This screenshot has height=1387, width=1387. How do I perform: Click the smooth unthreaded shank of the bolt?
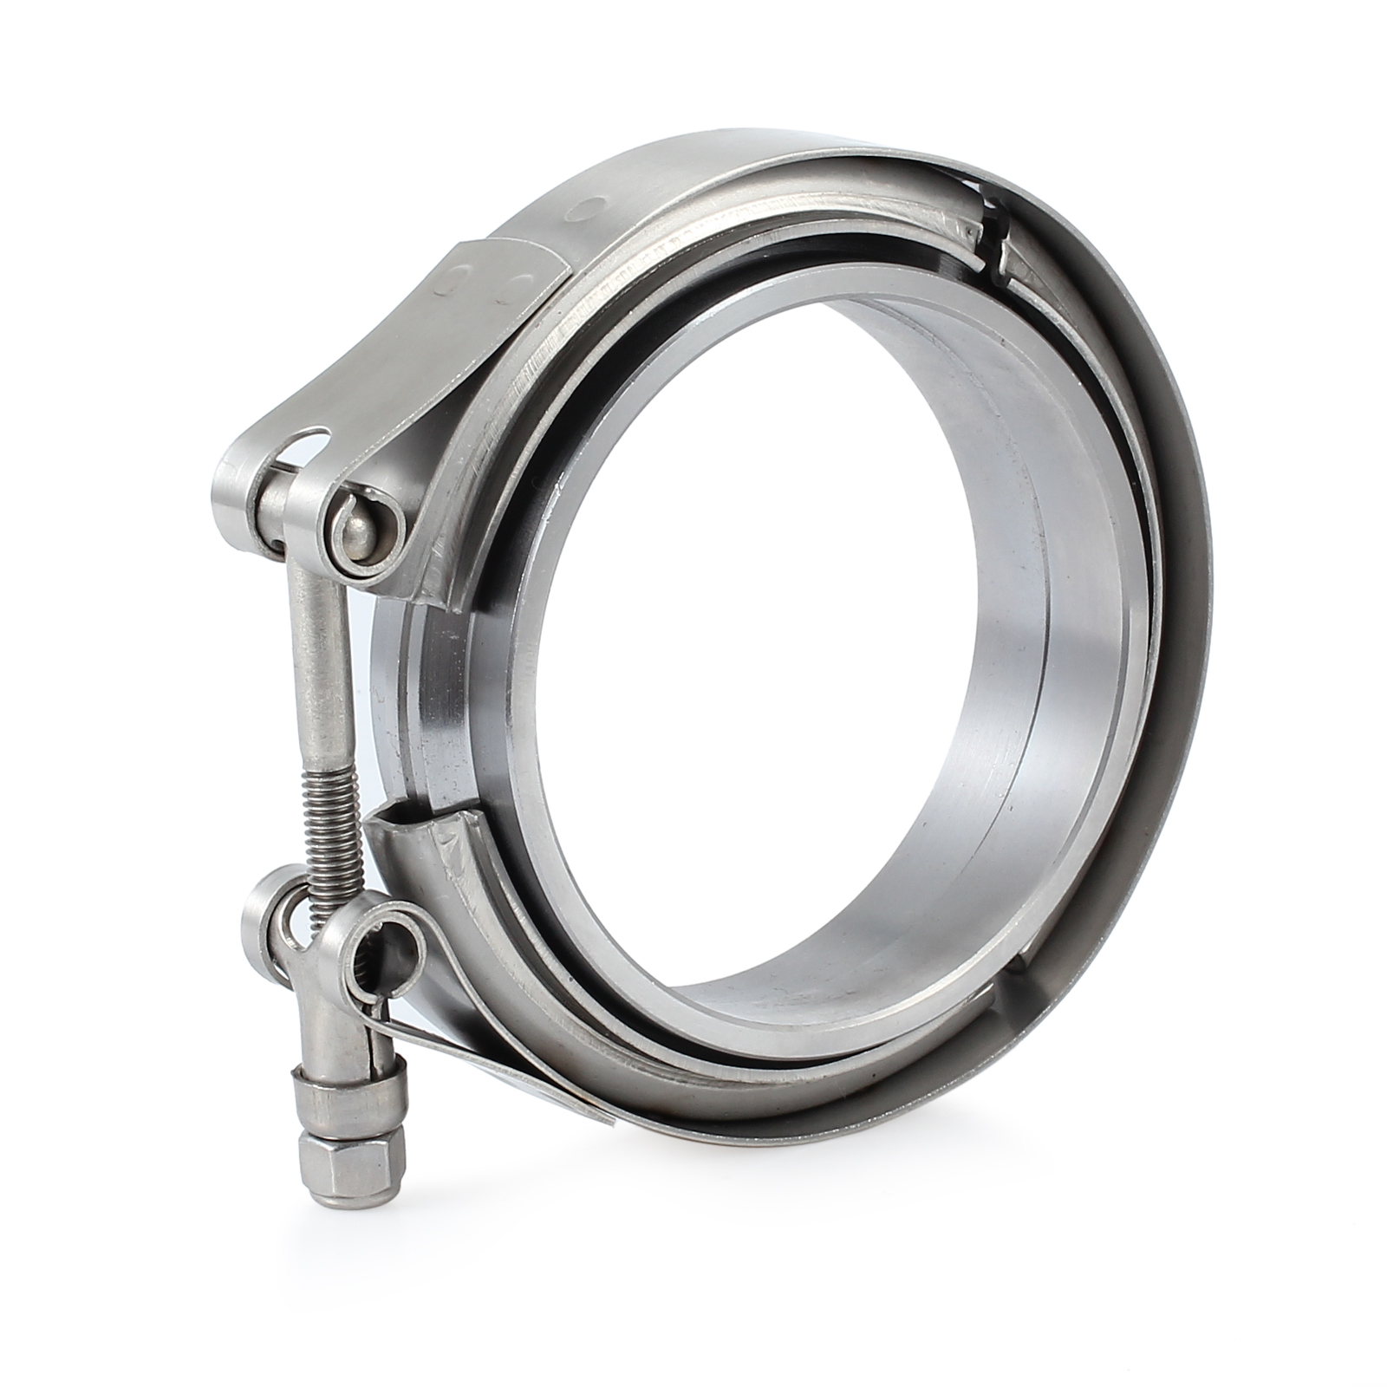tap(320, 659)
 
